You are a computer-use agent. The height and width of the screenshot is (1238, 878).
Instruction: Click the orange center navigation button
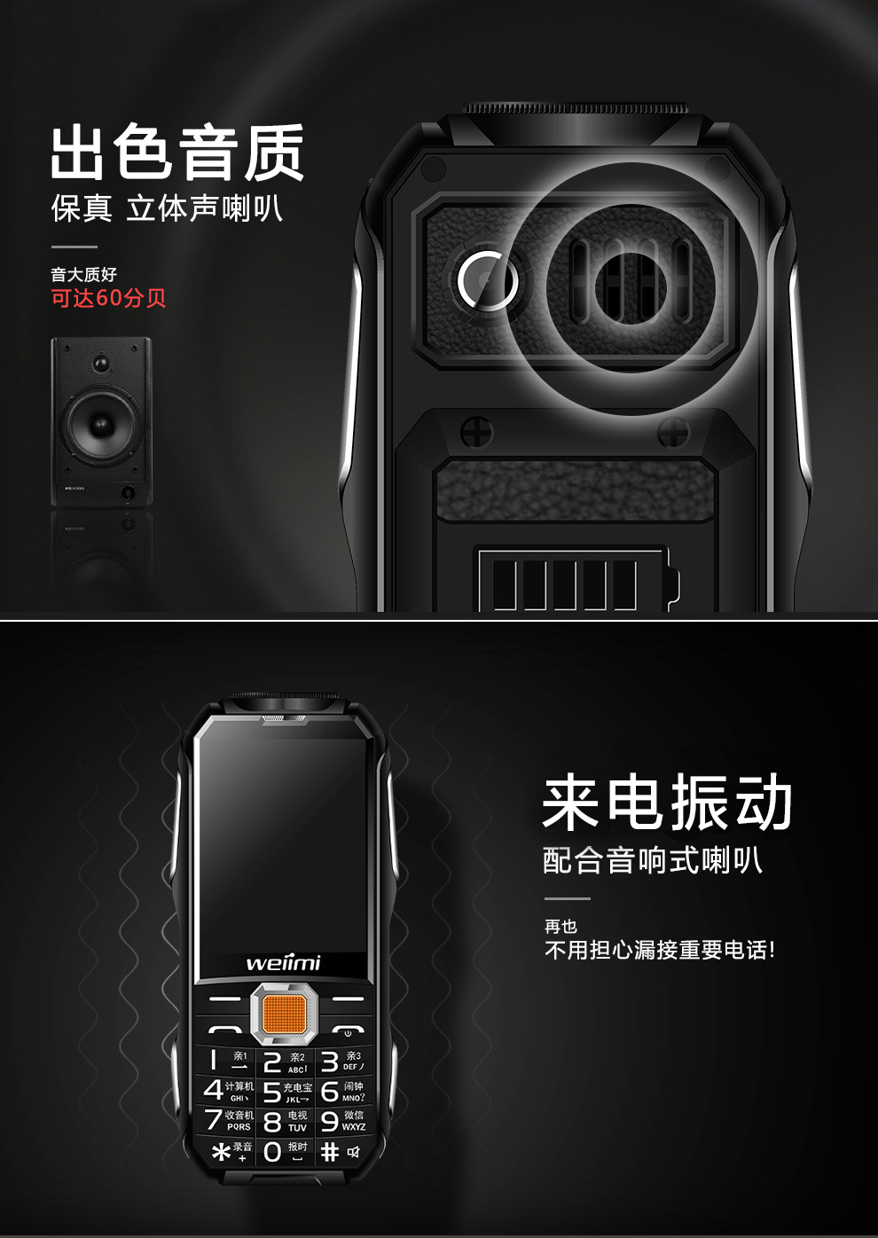tap(284, 1014)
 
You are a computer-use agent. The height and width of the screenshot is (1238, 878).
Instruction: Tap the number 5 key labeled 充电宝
tap(286, 1092)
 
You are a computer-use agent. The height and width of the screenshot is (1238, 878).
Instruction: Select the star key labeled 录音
tap(229, 1151)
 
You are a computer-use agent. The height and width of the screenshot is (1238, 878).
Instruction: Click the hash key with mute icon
tap(341, 1151)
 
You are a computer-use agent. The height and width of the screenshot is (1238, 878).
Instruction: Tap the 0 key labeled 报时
tap(284, 1151)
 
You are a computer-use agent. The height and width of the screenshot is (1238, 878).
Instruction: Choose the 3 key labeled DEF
tap(341, 1061)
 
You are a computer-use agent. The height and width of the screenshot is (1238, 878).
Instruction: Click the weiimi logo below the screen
tap(283, 963)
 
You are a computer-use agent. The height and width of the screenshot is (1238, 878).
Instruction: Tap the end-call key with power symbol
tap(348, 1031)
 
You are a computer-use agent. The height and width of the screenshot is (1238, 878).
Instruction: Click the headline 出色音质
tap(177, 153)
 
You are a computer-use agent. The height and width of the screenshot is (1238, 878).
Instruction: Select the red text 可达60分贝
tap(108, 298)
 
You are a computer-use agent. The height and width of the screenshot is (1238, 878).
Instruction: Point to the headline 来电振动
tap(667, 803)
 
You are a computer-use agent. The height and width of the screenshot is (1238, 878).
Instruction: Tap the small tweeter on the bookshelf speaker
tap(101, 363)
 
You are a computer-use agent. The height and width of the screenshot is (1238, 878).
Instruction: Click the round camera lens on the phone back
tap(487, 279)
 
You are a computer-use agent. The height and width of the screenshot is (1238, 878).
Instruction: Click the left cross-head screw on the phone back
tap(477, 432)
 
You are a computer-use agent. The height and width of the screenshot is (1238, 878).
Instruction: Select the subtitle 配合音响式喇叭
tap(652, 860)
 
